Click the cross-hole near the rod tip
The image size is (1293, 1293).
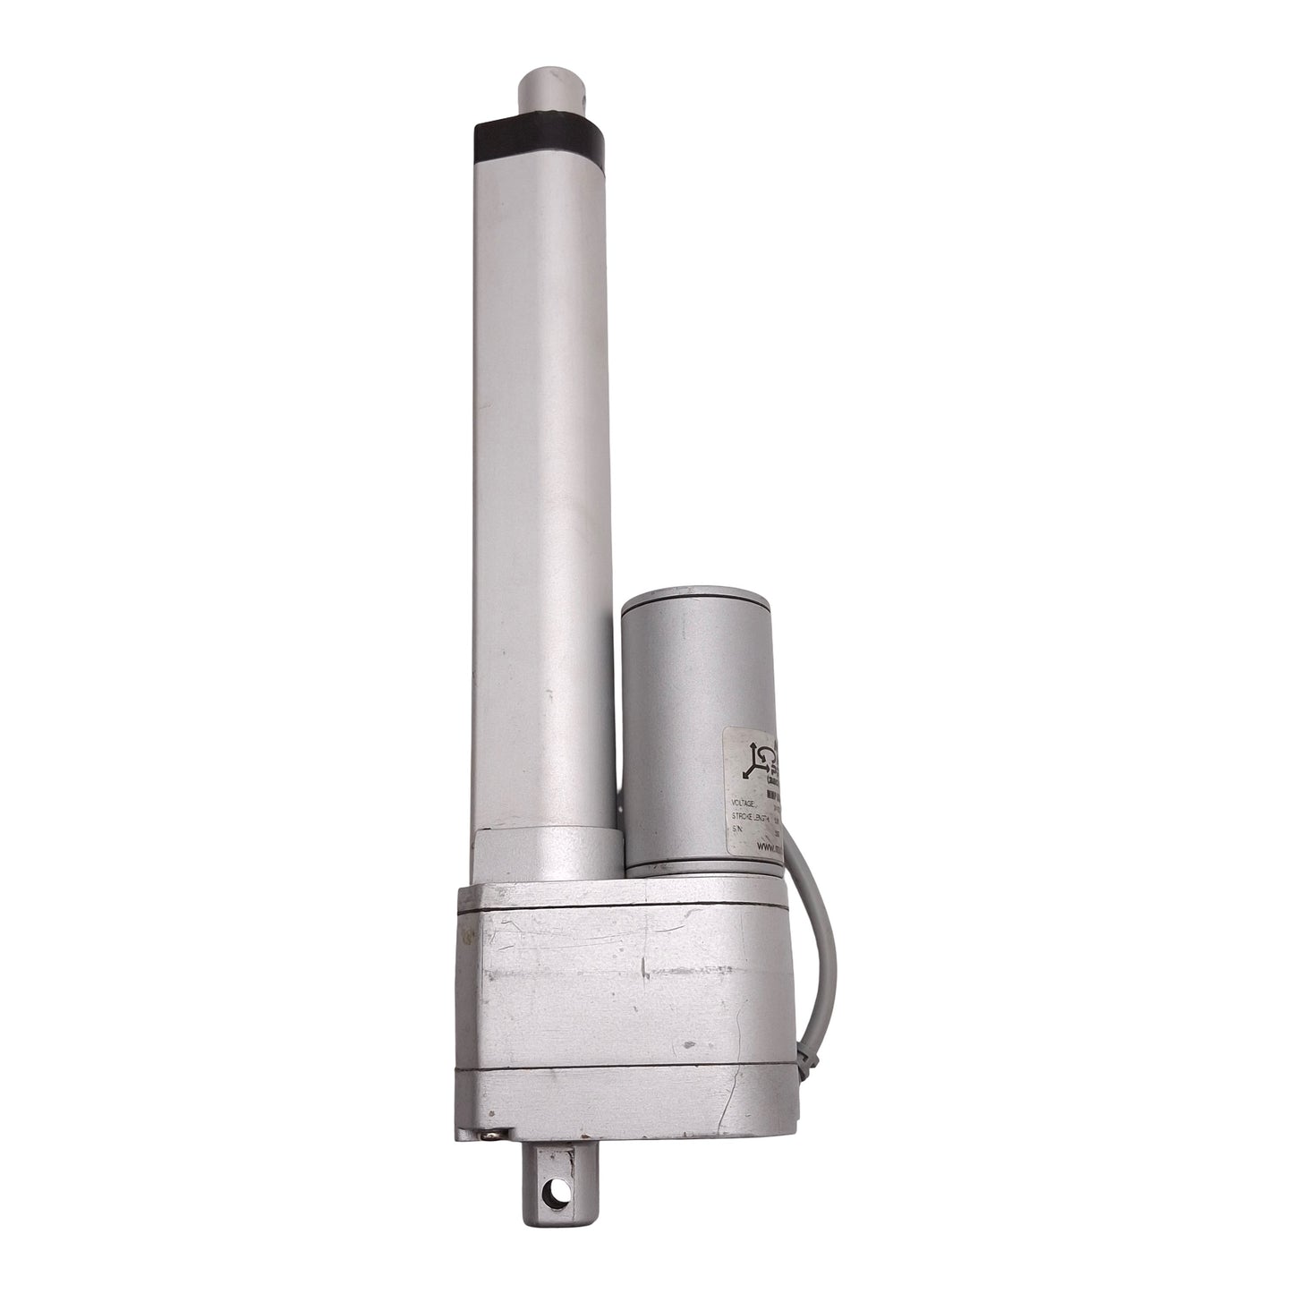click(573, 90)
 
